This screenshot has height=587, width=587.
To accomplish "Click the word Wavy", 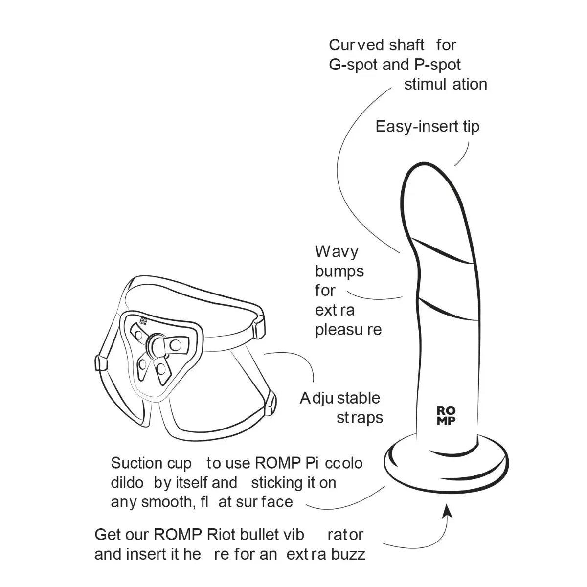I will [337, 251].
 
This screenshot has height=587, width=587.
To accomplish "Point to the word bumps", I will [339, 271].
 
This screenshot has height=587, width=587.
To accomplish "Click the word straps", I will [360, 418].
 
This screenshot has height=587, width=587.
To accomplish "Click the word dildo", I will [127, 483].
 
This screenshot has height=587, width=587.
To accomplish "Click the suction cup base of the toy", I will [446, 465].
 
